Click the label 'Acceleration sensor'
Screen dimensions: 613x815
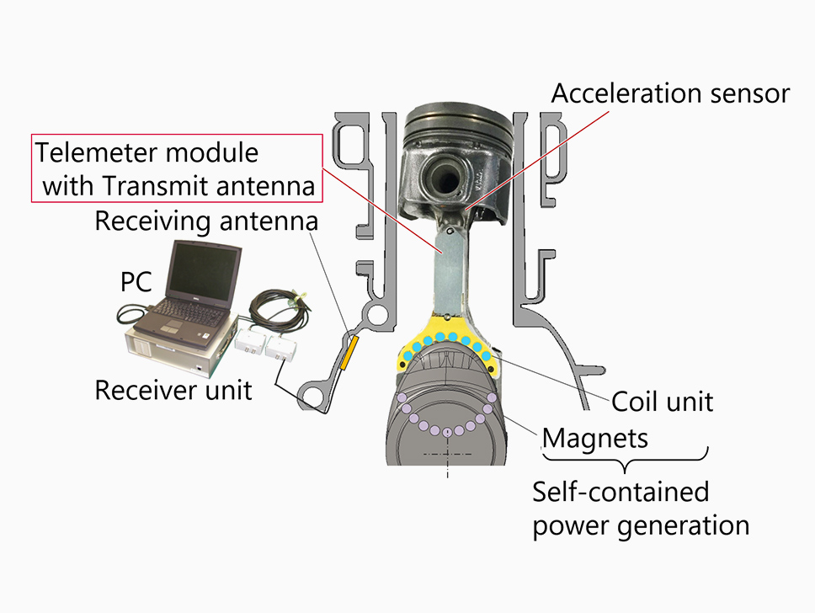point(670,93)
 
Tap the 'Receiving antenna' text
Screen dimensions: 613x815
point(207,222)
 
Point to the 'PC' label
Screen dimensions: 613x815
point(137,281)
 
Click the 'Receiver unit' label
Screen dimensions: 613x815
point(173,391)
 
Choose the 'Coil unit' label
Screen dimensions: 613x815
point(662,401)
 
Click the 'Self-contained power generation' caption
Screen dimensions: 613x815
point(641,509)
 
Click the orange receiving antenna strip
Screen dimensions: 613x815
point(349,353)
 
